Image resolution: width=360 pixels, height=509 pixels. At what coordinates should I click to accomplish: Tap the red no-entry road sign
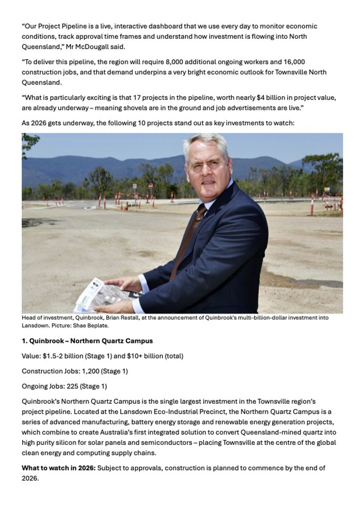pyautogui.click(x=151, y=186)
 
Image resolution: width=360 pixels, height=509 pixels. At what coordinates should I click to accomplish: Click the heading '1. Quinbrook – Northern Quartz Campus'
pyautogui.click(x=87, y=341)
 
